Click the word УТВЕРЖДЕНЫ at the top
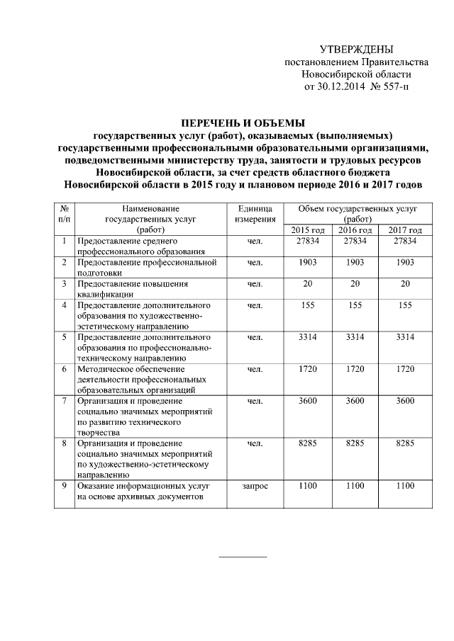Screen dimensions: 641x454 tap(356, 49)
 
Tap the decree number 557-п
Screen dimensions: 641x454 tap(394, 87)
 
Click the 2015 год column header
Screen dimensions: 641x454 tap(308, 230)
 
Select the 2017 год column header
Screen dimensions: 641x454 tap(405, 230)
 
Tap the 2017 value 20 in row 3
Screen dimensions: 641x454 tap(405, 284)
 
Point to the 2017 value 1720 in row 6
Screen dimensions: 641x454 tap(405, 369)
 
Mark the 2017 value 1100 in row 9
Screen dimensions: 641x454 tap(405, 486)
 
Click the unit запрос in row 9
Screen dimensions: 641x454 tap(255, 486)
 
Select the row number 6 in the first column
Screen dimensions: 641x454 tap(64, 369)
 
